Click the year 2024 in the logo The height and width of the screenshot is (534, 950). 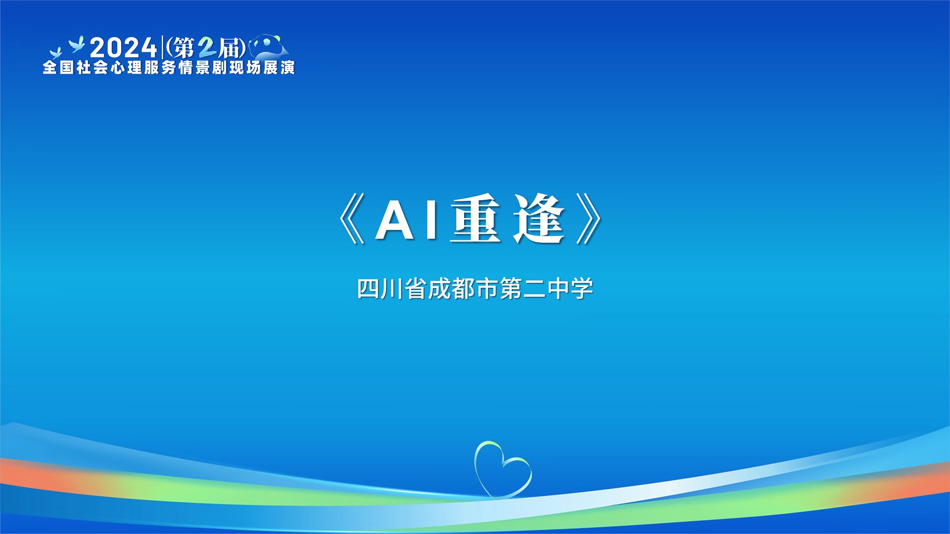123,48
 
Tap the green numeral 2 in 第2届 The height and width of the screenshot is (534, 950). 207,48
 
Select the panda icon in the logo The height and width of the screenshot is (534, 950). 269,46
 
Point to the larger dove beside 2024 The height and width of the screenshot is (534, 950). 77,44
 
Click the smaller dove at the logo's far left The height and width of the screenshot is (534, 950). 55,53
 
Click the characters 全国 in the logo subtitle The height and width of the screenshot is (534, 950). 58,67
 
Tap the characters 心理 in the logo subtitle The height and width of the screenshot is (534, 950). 126,67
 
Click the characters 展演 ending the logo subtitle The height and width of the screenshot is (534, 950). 279,67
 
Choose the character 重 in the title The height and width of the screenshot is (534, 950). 475,218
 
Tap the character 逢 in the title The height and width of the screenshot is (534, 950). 538,218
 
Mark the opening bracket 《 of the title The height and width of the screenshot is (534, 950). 351,219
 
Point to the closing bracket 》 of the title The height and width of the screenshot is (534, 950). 589,219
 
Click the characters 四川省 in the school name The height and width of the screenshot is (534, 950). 391,289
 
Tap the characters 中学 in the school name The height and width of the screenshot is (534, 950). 570,289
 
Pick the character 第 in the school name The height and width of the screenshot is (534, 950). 511,289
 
